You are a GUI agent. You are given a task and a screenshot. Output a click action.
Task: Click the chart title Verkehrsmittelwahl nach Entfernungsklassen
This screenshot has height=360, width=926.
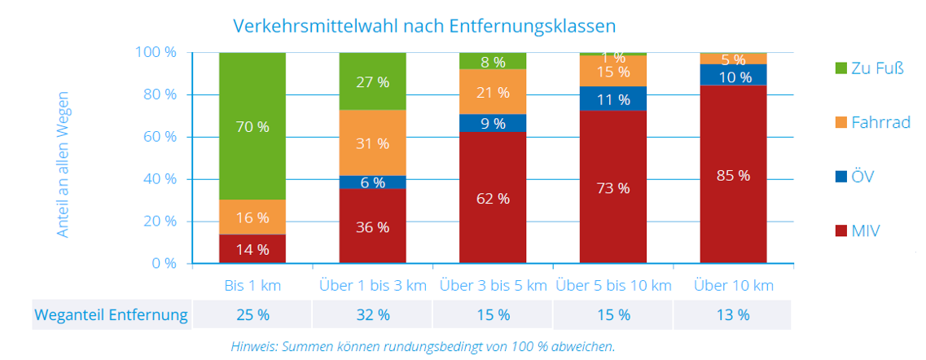click(424, 25)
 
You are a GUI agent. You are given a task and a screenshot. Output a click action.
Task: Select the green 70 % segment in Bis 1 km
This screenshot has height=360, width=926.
click(252, 126)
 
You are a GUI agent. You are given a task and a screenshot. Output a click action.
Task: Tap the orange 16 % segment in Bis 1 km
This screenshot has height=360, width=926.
click(252, 217)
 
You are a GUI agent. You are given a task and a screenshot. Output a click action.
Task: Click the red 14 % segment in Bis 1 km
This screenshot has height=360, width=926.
click(252, 249)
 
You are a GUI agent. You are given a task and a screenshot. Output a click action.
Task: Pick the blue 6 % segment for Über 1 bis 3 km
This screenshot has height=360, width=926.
click(372, 183)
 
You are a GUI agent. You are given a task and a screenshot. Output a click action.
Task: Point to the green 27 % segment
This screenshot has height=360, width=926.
click(372, 81)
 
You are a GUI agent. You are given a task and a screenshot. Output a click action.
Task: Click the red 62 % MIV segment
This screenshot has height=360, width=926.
click(493, 198)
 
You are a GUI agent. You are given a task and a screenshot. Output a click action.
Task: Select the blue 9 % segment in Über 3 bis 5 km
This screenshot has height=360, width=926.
click(493, 124)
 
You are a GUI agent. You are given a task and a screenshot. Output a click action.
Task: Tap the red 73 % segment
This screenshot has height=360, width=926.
click(613, 187)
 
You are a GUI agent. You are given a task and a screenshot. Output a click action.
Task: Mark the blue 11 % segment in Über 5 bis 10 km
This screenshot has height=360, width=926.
click(613, 99)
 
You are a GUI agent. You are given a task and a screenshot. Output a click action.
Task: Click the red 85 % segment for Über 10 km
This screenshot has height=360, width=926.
click(733, 174)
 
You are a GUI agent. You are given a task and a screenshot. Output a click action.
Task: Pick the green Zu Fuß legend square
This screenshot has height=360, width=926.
click(835, 68)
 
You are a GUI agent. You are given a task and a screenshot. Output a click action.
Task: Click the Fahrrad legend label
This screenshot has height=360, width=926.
click(880, 123)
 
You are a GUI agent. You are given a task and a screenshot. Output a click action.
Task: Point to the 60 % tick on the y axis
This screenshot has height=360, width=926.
click(160, 137)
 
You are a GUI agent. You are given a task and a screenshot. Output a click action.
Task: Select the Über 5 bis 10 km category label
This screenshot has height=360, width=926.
click(613, 286)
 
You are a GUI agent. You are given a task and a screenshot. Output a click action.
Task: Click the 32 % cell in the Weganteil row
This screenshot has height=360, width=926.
click(372, 314)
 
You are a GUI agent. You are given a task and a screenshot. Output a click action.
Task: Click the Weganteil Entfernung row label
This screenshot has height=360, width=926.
click(112, 314)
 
